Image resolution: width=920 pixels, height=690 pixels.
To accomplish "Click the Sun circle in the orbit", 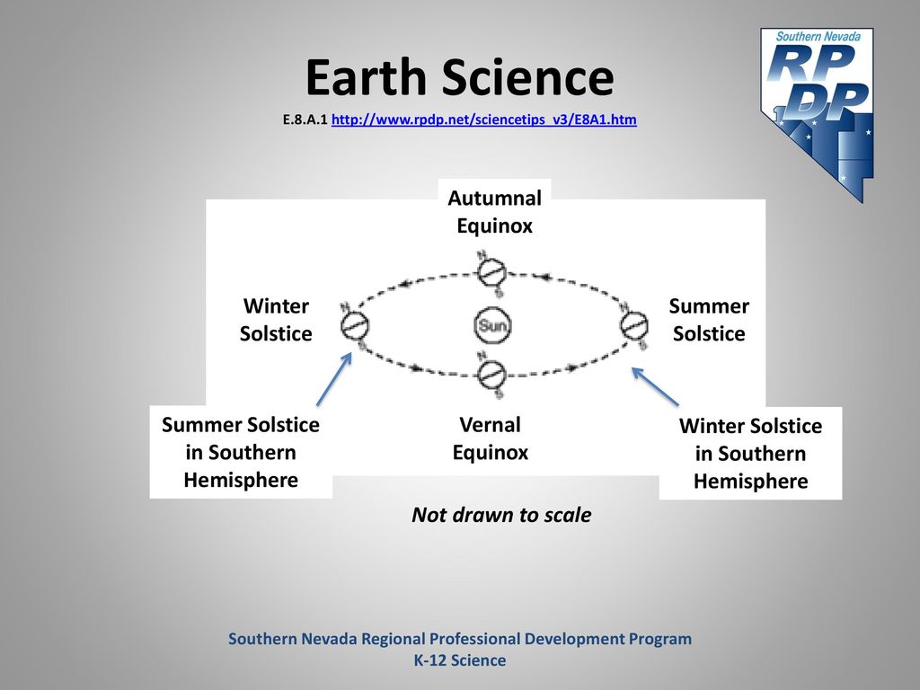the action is (x=492, y=325).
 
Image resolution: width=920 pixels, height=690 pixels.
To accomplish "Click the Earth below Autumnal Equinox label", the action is (x=491, y=271).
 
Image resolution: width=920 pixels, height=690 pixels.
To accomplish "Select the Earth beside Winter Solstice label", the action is (x=355, y=325).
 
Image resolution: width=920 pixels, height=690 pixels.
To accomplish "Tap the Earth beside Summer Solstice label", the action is (x=634, y=325).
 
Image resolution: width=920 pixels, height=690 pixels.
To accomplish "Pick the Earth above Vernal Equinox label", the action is (x=491, y=375).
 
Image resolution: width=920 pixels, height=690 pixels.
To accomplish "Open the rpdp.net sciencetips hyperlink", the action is (x=484, y=119).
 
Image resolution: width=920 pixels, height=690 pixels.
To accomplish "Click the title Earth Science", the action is (x=459, y=77).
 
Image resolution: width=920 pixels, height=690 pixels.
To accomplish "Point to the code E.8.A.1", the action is (x=305, y=119).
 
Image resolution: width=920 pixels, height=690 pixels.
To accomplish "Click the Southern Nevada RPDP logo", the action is (x=818, y=114).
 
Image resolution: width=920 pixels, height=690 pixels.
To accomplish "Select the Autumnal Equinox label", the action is (x=495, y=212).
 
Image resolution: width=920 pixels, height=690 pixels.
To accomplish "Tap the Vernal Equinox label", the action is (x=491, y=438).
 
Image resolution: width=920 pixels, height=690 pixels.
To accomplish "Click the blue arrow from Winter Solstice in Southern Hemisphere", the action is (x=655, y=386).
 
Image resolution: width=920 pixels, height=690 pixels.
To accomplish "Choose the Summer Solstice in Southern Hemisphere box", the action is (x=241, y=452).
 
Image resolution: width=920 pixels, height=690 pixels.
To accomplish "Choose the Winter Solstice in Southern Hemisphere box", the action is (x=750, y=453).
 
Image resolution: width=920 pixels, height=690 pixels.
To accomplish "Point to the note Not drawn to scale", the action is (x=501, y=515).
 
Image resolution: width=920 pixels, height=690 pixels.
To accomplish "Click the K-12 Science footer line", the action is (x=460, y=660).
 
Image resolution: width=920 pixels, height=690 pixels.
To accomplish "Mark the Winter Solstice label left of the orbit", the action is (x=276, y=320).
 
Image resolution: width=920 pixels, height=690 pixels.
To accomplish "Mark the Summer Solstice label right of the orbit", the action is (x=709, y=320).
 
